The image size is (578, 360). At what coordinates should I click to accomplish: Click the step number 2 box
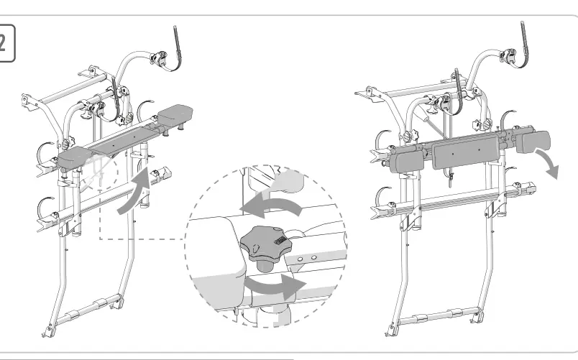(x=6, y=43)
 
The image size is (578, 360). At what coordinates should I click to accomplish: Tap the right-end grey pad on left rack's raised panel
(x=175, y=114)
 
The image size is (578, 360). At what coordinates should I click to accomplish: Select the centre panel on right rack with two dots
(x=465, y=151)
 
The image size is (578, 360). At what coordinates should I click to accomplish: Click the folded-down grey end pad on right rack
(x=533, y=142)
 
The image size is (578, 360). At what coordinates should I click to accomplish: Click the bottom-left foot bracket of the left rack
(x=47, y=332)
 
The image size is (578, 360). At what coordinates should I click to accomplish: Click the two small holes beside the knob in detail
(x=307, y=258)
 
